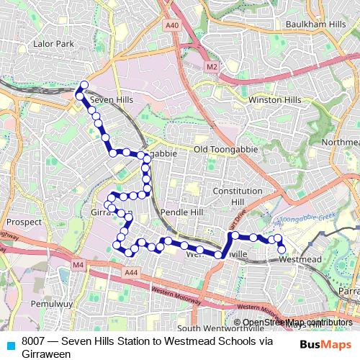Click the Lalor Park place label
pyautogui.click(x=54, y=45)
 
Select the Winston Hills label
pyautogui.click(x=274, y=100)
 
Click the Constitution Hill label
pyautogui.click(x=238, y=197)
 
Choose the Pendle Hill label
pyautogui.click(x=184, y=213)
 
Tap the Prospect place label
pyautogui.click(x=24, y=222)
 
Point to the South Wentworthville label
pyautogui.click(x=208, y=328)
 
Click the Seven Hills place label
pyautogui.click(x=112, y=99)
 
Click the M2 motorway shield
pyautogui.click(x=212, y=66)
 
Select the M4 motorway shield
pyautogui.click(x=78, y=266)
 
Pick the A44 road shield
pyautogui.click(x=131, y=273)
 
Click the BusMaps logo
pyautogui.click(x=325, y=344)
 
